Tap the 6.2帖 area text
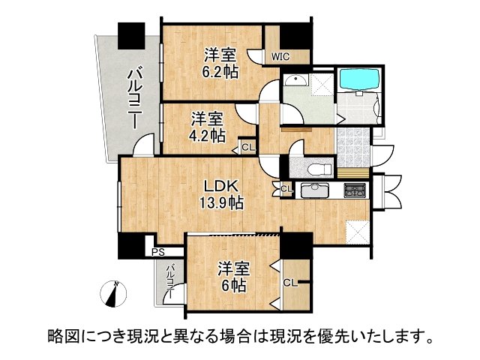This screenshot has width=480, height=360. coord(220,72)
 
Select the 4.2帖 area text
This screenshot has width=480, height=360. coord(208,136)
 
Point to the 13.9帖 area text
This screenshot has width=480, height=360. coord(220,202)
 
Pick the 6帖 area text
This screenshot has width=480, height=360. coord(232,285)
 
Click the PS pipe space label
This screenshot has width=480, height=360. coord(157,253)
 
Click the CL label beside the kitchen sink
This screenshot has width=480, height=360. coord(286,187)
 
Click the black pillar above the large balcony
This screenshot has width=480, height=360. coord(131,34)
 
